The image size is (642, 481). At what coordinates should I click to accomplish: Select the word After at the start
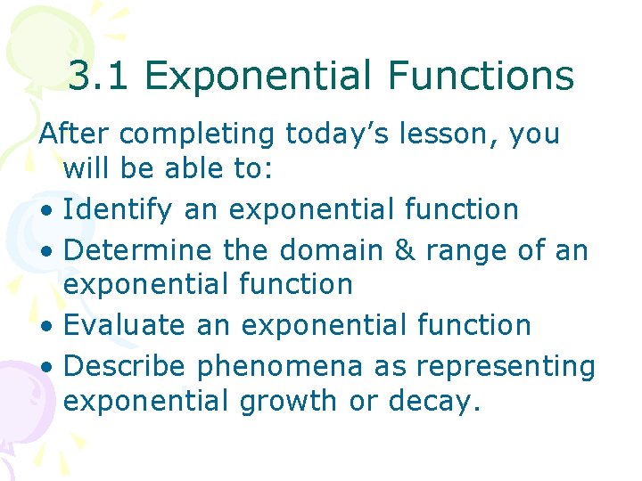(74, 134)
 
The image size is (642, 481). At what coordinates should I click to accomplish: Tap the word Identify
(119, 210)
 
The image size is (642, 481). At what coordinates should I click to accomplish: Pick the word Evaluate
(126, 325)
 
